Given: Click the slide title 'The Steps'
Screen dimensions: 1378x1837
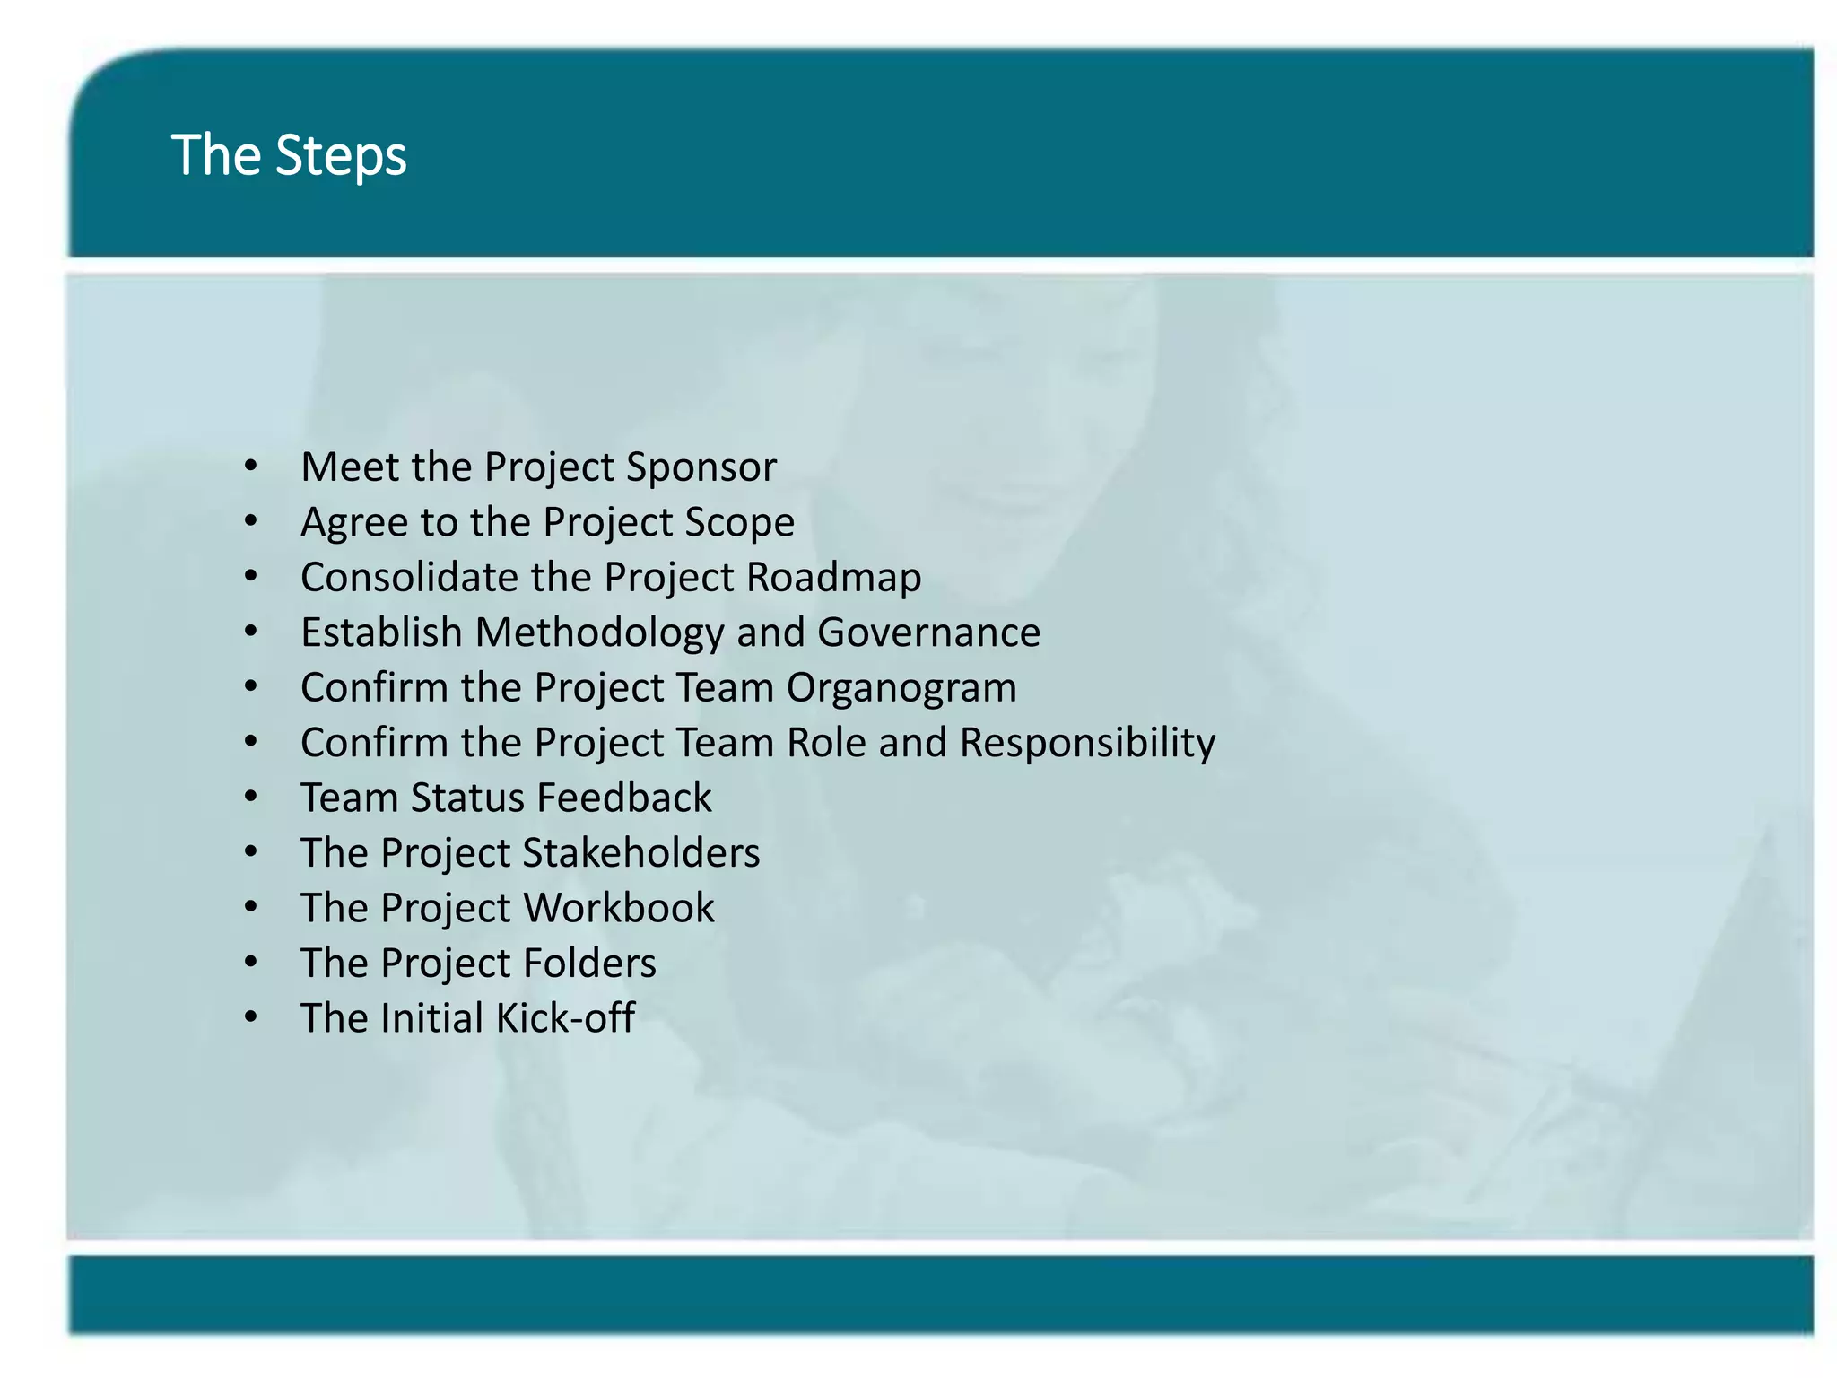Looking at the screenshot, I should tap(289, 155).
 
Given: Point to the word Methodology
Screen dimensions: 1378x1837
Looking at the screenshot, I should tap(599, 632).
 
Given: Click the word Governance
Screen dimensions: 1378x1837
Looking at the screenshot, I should tap(928, 632).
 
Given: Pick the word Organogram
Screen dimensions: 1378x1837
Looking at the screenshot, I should tap(901, 688).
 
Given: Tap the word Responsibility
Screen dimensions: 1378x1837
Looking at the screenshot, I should tap(1087, 743).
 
